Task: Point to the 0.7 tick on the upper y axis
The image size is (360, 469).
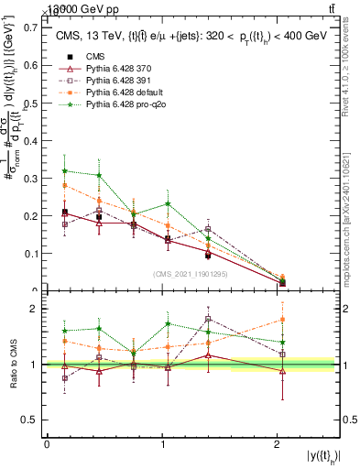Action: [31, 27]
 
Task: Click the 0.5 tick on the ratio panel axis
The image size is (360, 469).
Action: [31, 420]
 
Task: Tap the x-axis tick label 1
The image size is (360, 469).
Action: [162, 444]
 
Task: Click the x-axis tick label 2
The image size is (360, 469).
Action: [278, 444]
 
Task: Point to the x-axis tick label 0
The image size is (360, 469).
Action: [47, 444]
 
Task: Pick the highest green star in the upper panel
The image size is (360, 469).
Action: [64, 170]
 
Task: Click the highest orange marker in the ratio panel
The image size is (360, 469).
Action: [282, 320]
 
